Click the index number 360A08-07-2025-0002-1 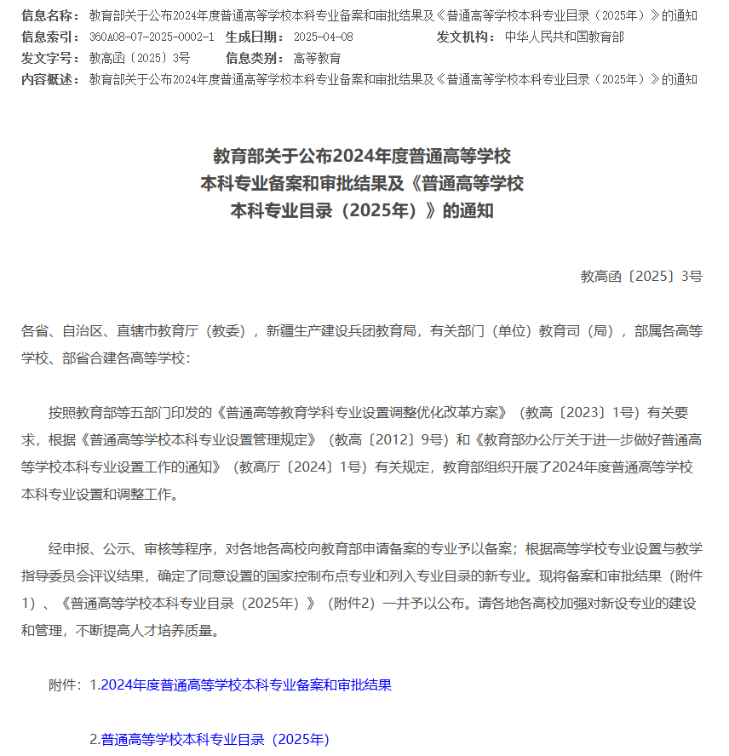pyautogui.click(x=152, y=37)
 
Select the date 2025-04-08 pyautogui.click(x=323, y=37)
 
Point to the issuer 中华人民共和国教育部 pyautogui.click(x=564, y=37)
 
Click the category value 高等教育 pyautogui.click(x=317, y=58)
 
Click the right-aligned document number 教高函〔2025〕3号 pyautogui.click(x=641, y=276)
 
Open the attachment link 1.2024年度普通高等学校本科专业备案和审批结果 pyautogui.click(x=241, y=684)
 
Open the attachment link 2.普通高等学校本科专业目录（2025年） pyautogui.click(x=210, y=739)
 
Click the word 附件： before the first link pyautogui.click(x=66, y=684)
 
